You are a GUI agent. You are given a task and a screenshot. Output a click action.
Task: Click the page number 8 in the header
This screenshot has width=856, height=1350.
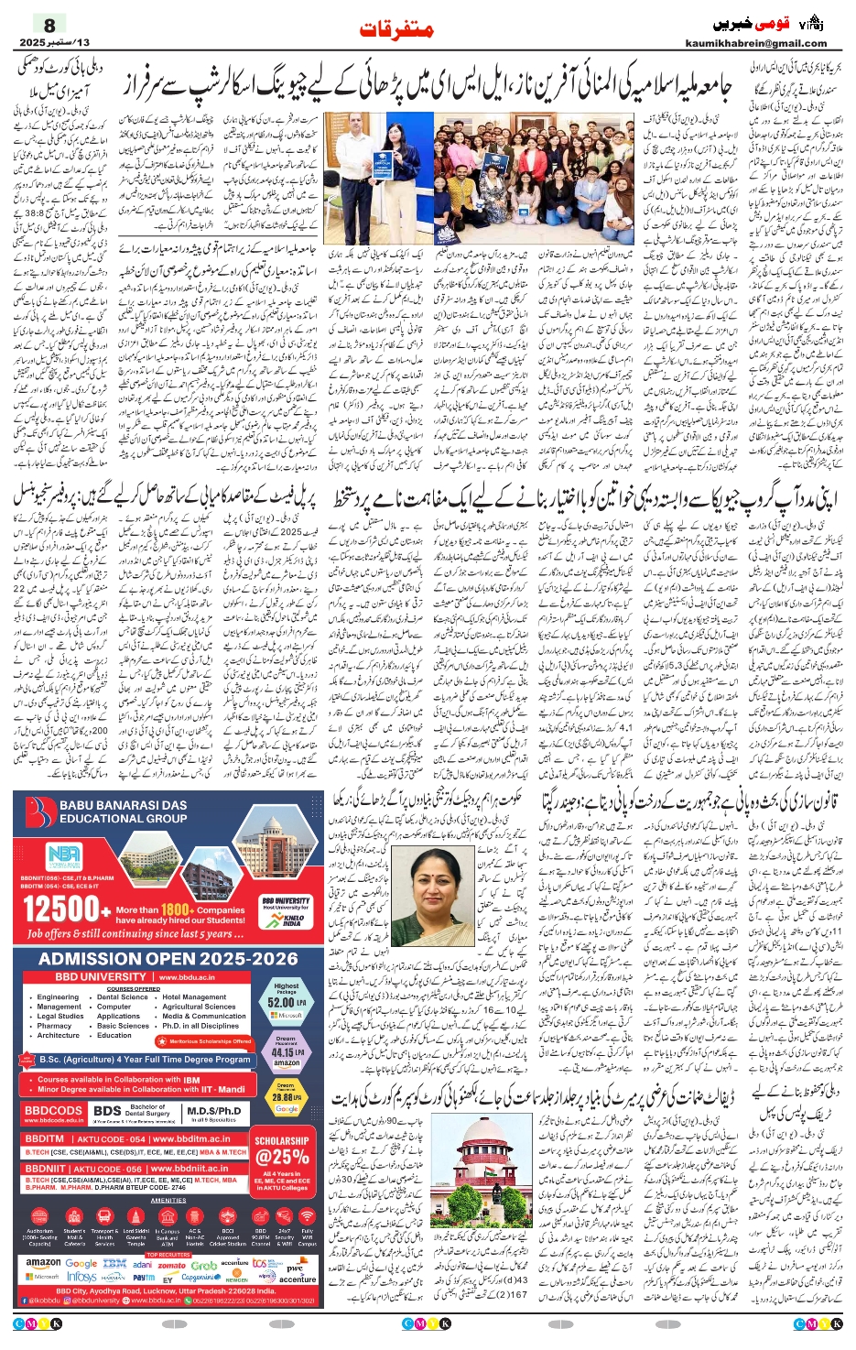click(49, 25)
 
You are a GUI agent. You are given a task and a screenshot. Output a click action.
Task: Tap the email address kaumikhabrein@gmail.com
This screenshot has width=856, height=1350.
click(755, 43)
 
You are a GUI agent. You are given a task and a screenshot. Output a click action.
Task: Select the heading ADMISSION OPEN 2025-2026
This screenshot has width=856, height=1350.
click(168, 958)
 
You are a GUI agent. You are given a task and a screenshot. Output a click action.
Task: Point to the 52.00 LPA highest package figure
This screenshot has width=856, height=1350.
click(287, 1002)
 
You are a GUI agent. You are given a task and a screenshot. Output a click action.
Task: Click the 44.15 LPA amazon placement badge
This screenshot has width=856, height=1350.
click(287, 1052)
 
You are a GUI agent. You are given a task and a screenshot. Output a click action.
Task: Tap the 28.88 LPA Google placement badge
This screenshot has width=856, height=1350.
click(287, 1096)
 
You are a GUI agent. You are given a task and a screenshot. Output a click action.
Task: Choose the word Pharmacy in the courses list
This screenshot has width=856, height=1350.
click(54, 1026)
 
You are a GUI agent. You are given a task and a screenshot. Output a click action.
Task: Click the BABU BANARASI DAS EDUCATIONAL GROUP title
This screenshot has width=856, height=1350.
click(124, 811)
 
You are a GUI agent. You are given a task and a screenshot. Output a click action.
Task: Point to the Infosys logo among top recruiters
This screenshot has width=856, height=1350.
click(81, 1277)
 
